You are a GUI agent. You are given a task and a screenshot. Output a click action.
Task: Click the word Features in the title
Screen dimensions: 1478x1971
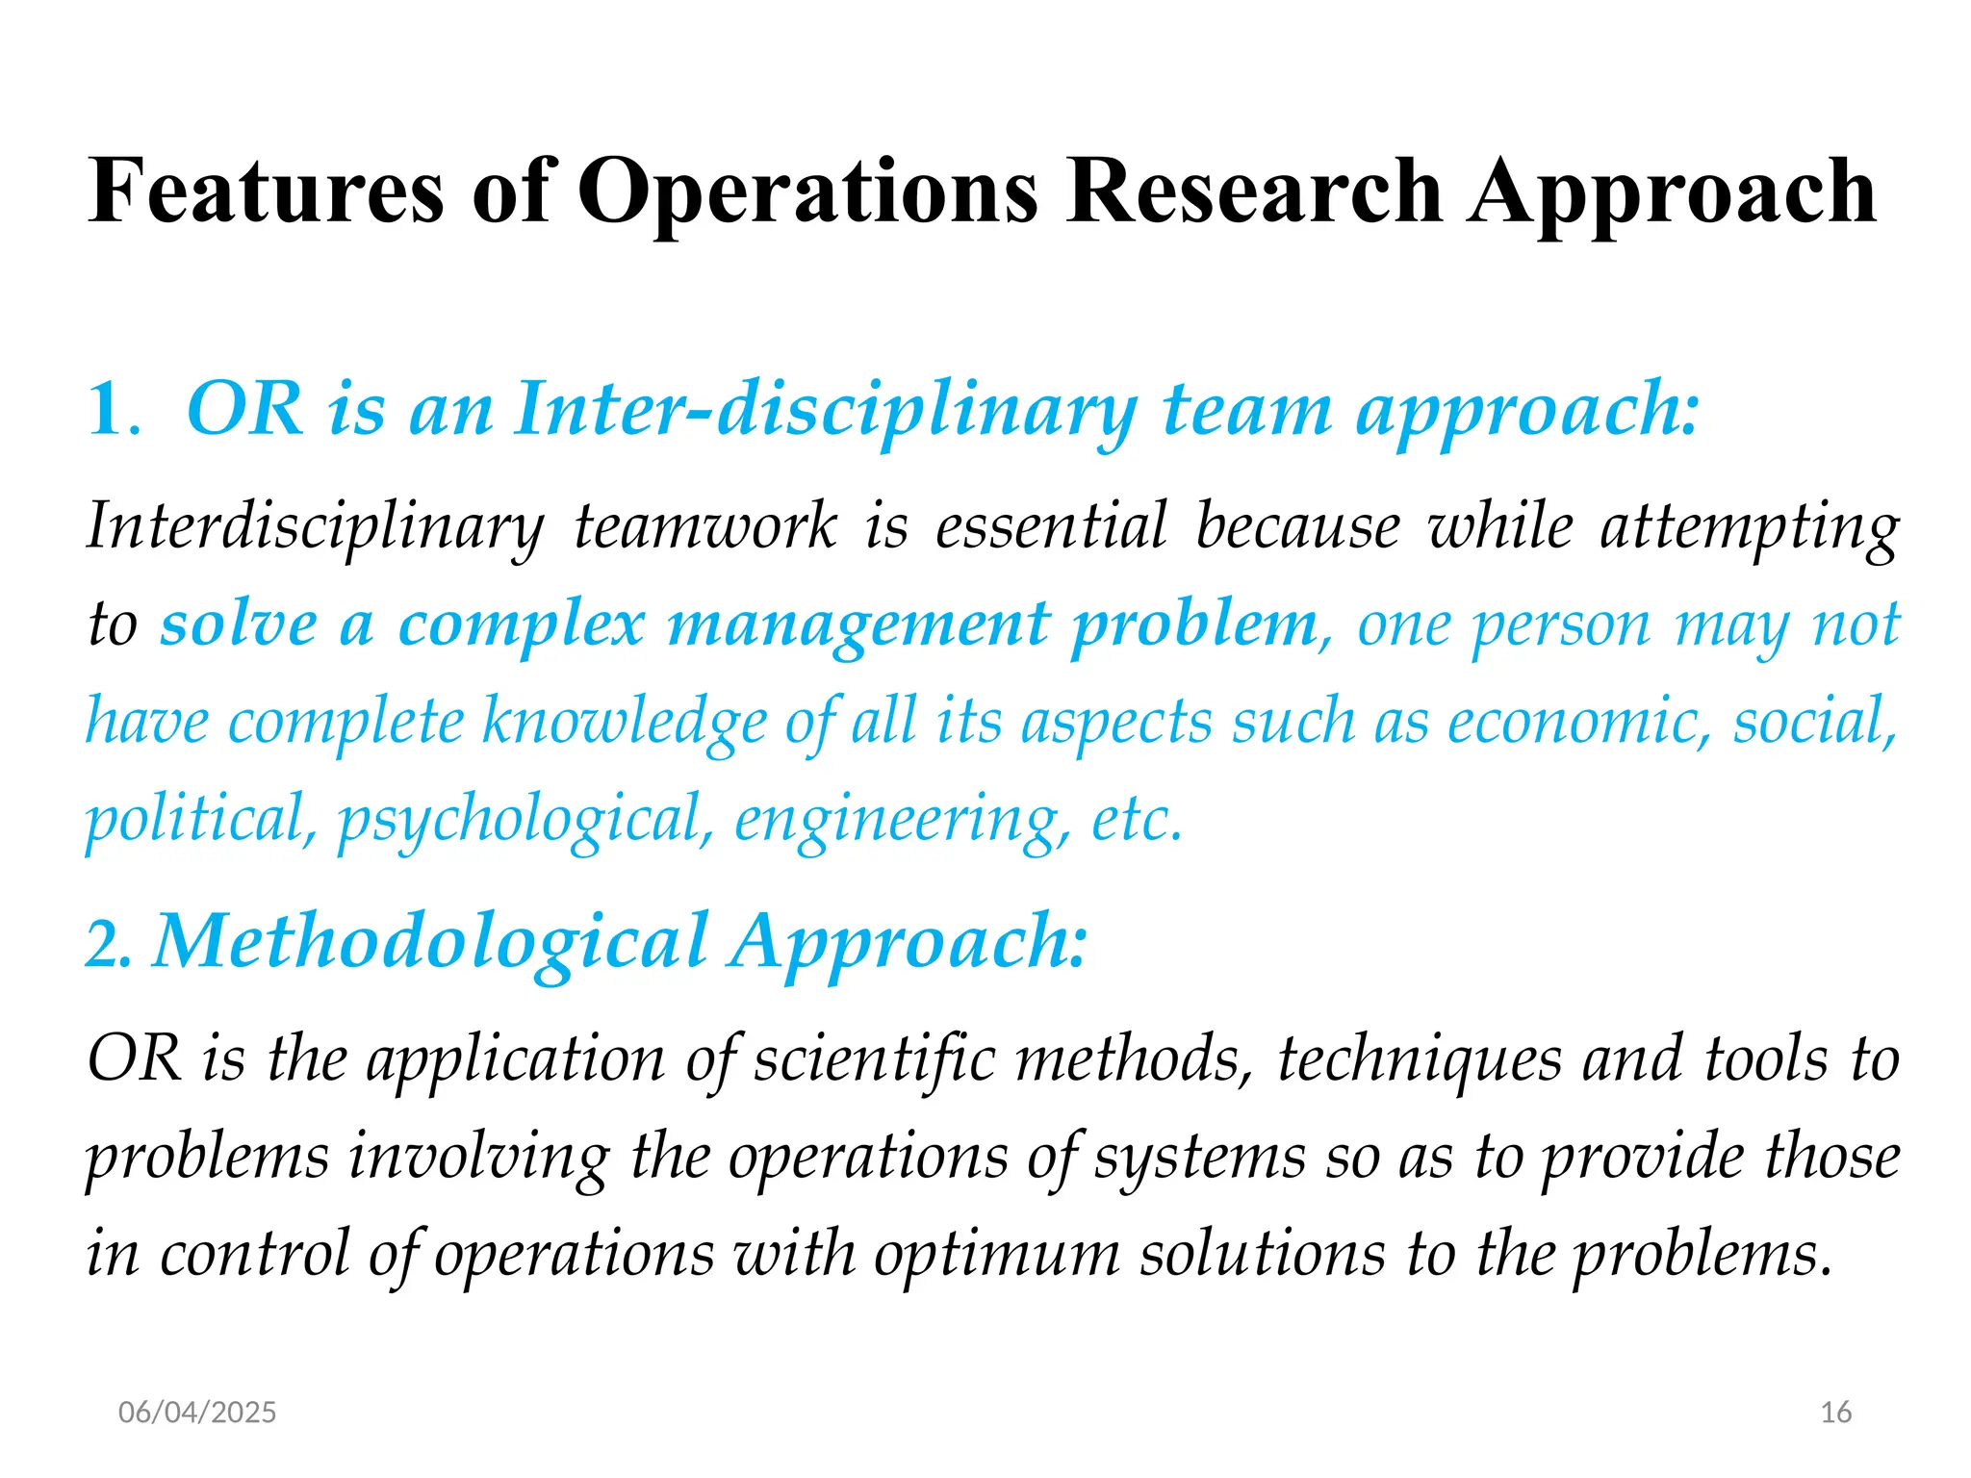tap(266, 191)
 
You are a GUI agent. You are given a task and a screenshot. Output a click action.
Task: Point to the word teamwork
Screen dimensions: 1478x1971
tap(705, 527)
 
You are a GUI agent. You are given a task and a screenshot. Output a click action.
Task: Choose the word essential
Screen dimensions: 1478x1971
tap(1051, 527)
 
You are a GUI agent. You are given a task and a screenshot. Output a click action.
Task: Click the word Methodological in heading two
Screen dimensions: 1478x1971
tap(430, 942)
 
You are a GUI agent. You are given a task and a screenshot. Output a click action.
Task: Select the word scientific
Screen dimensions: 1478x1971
tap(874, 1059)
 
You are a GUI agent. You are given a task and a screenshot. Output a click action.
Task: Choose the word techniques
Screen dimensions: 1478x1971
tap(1419, 1059)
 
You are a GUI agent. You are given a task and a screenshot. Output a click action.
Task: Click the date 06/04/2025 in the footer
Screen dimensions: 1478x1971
tap(197, 1413)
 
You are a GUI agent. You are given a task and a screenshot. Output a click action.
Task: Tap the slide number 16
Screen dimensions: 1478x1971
tap(1836, 1413)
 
